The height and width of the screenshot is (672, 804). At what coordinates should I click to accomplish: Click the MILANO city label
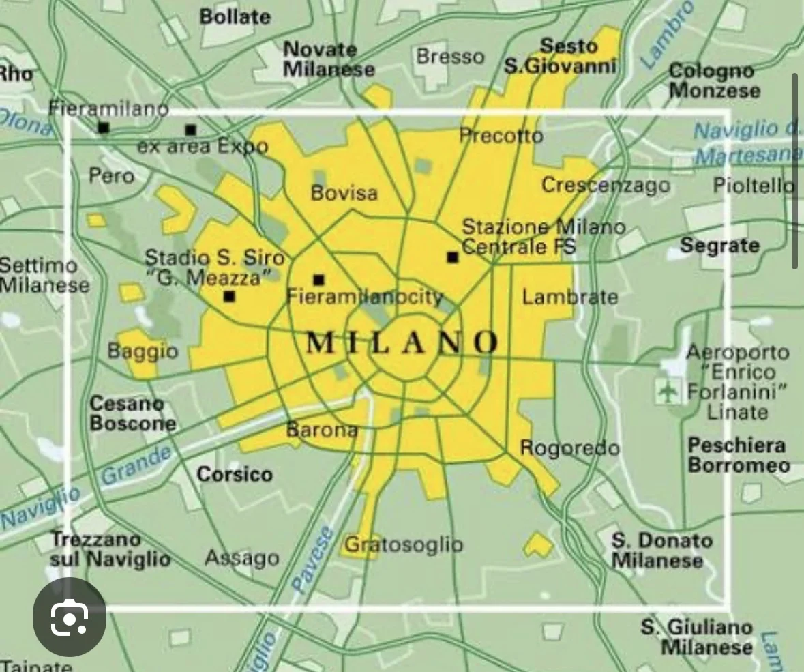click(402, 342)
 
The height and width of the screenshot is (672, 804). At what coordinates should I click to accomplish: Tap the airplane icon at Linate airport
click(668, 391)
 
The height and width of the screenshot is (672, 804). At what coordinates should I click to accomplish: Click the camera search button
click(70, 617)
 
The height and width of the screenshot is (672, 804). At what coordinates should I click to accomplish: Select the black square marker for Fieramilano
click(103, 128)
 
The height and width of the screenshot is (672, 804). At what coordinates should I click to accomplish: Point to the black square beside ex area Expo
click(190, 130)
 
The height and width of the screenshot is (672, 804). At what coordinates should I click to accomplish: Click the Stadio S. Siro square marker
click(229, 296)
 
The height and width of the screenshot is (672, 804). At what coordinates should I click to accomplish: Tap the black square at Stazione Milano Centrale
click(452, 257)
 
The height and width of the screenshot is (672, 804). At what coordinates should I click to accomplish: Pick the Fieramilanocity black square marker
click(318, 279)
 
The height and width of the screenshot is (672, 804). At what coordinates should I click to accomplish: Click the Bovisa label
click(344, 193)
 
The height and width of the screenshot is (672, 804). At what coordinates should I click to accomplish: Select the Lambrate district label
click(570, 297)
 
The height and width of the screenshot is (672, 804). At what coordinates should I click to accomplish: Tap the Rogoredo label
click(569, 448)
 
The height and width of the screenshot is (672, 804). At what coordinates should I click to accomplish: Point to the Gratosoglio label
click(404, 544)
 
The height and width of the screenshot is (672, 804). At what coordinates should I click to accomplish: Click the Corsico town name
click(235, 473)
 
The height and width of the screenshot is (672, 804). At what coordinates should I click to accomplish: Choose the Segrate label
click(719, 246)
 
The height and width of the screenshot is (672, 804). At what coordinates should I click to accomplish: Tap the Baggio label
click(143, 351)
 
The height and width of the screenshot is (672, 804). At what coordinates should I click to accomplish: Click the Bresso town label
click(450, 57)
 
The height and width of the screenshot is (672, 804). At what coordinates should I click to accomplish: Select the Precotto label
click(501, 136)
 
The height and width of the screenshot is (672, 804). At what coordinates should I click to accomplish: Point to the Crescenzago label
click(606, 185)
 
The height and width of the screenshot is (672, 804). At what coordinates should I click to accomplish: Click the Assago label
click(242, 558)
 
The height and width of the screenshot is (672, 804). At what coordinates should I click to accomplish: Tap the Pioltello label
click(754, 185)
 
